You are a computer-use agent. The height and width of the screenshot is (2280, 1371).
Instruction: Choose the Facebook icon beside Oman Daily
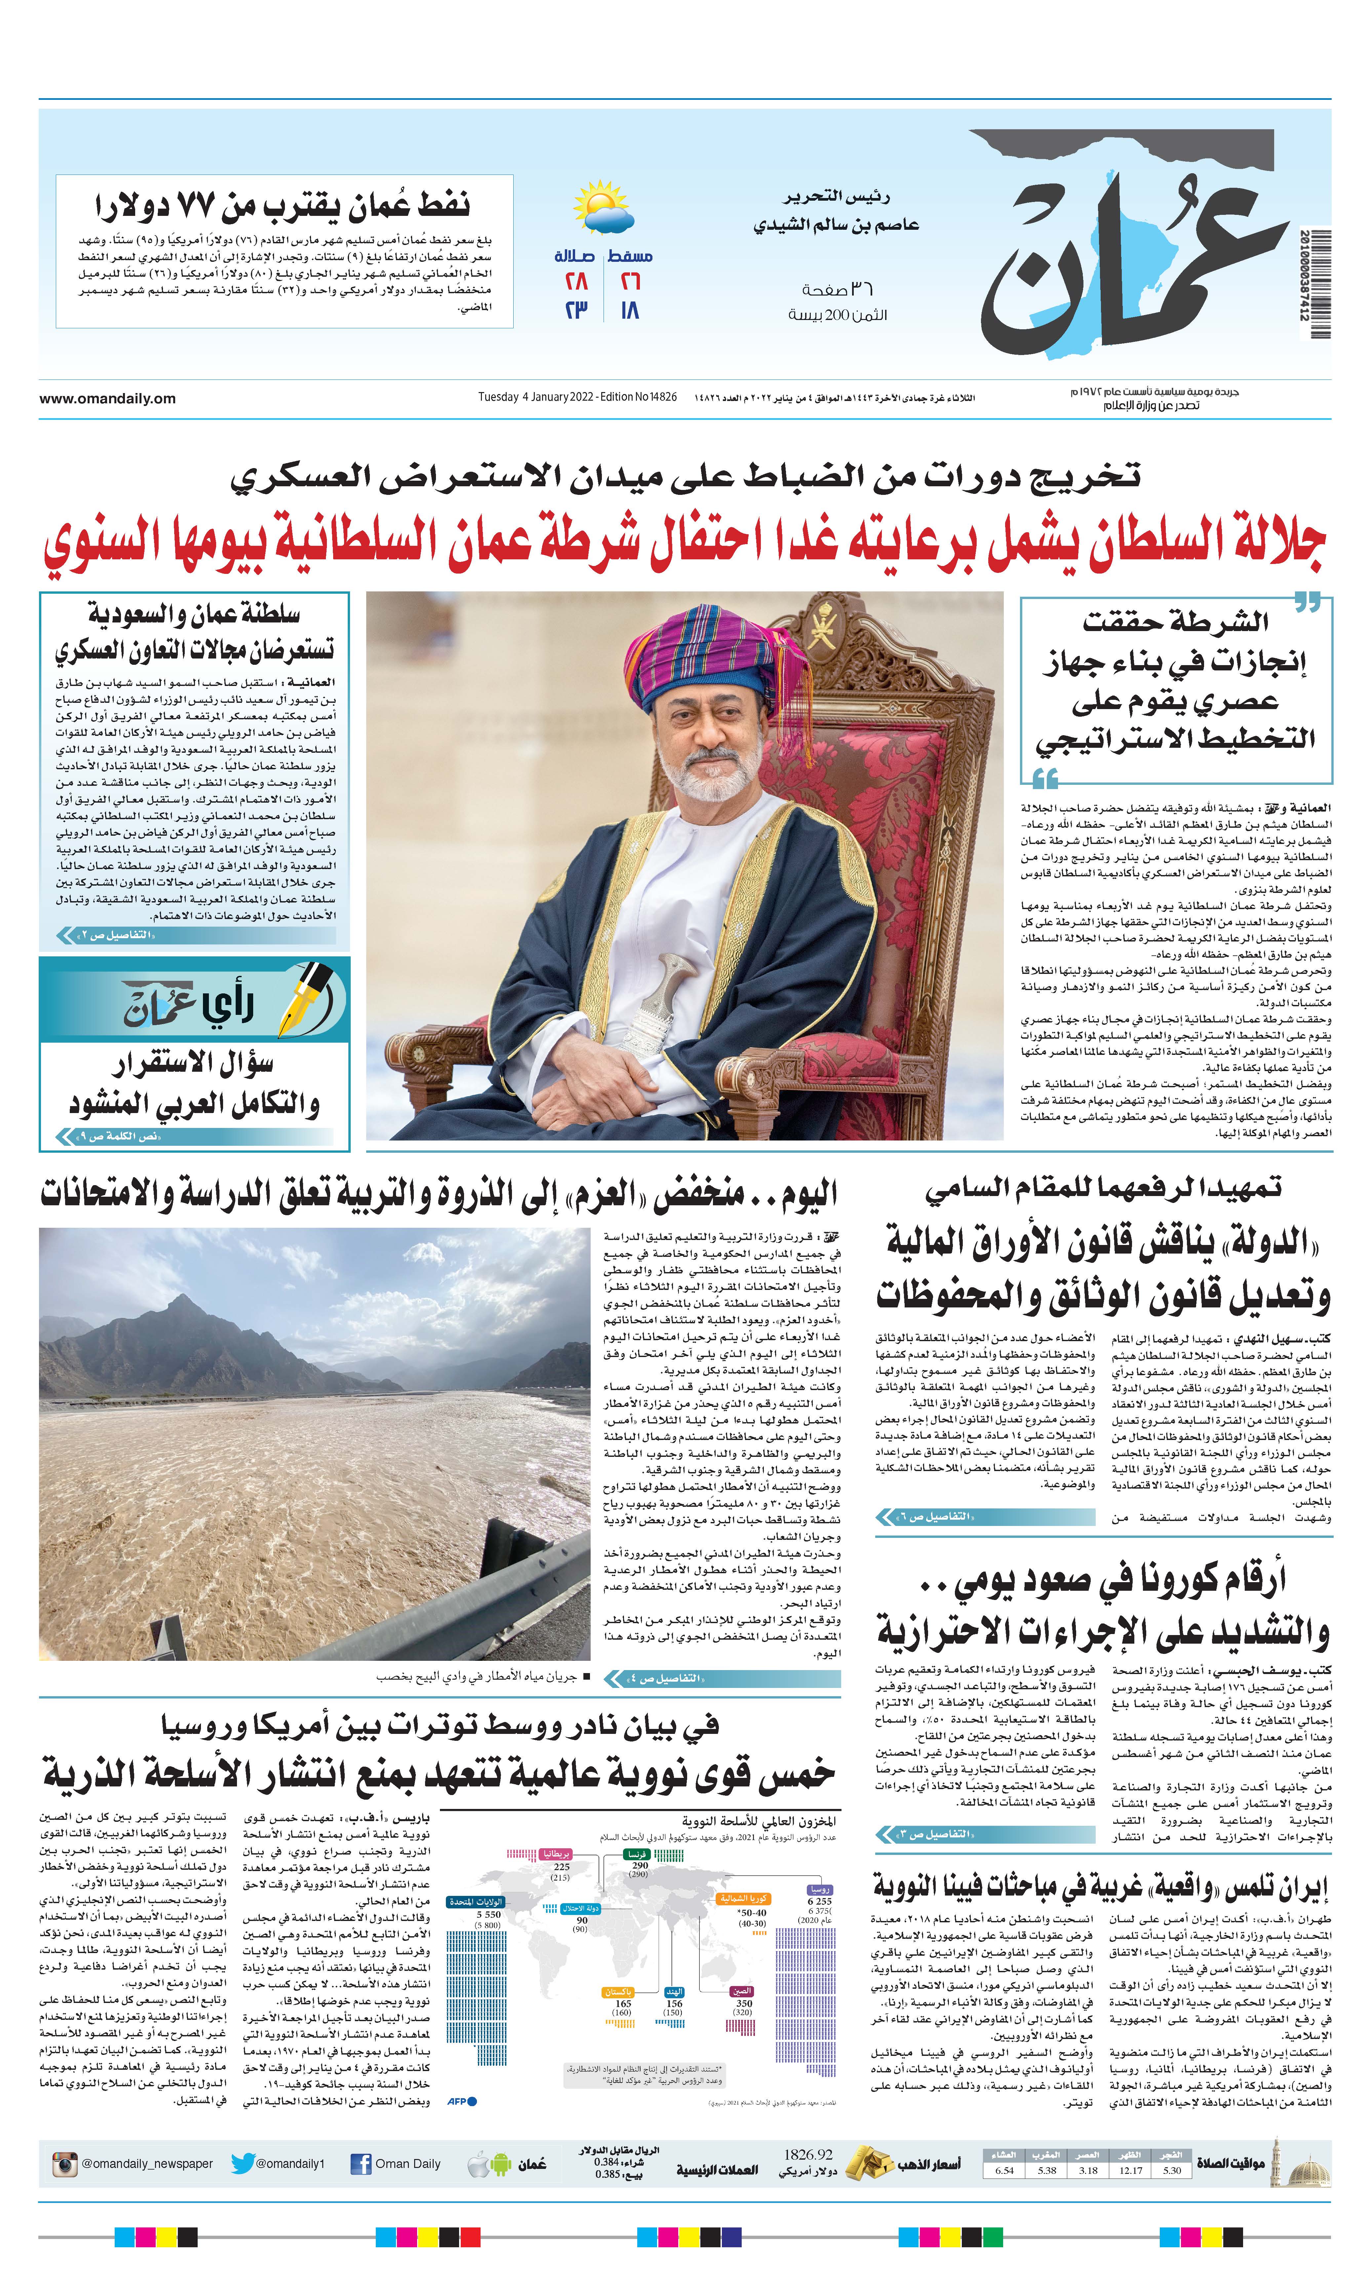[x=361, y=2164]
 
